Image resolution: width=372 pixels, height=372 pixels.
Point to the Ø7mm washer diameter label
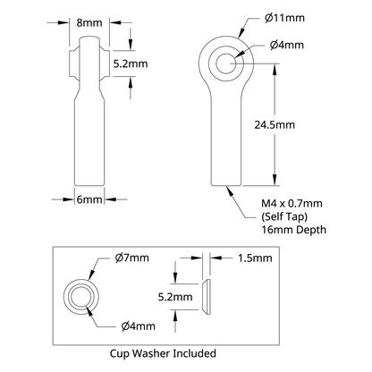click(131, 258)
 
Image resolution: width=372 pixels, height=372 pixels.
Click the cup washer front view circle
click(81, 296)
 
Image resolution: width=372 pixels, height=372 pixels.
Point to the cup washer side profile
click(207, 296)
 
